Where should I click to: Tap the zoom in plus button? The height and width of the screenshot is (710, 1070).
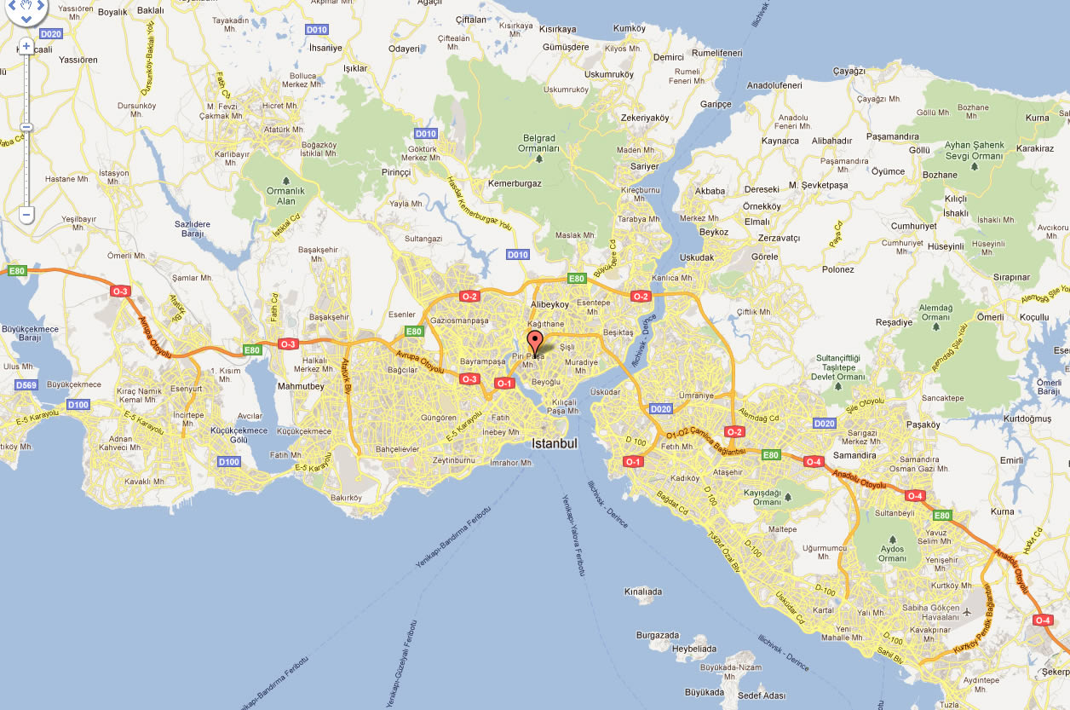[x=26, y=46]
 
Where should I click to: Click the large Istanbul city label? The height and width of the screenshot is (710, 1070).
[x=555, y=444]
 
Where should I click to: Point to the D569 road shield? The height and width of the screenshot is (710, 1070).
[x=26, y=385]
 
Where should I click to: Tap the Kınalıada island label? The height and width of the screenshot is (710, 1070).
[x=642, y=591]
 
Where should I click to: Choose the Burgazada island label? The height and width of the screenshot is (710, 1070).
[x=658, y=636]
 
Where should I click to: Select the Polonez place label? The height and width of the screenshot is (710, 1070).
[x=838, y=270]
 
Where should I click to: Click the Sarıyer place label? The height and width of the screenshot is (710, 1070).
[x=645, y=167]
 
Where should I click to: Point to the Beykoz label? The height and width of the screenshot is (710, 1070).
[x=714, y=232]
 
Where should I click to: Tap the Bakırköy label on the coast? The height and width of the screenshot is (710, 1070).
[x=346, y=498]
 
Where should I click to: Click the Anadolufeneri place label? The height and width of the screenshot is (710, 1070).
[x=774, y=85]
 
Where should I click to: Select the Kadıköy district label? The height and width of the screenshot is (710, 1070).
[x=685, y=478]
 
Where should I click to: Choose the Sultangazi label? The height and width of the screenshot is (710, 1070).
[x=423, y=240]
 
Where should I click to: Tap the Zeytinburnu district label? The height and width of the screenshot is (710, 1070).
[x=453, y=460]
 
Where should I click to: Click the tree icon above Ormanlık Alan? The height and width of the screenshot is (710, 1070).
[x=285, y=181]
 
